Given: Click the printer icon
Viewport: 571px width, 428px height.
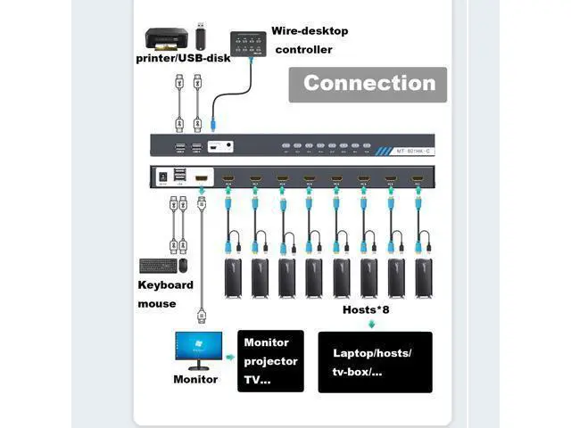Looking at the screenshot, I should [167, 39].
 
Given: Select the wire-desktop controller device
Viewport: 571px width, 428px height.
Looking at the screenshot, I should [252, 43].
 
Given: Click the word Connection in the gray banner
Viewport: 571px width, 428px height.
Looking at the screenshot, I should [368, 84].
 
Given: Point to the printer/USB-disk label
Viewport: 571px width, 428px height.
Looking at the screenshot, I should [183, 59].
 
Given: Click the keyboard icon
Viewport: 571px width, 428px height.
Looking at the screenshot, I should [157, 265].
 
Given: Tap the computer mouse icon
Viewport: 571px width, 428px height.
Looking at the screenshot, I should [183, 265].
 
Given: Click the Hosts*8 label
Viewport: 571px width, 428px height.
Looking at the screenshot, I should [366, 310].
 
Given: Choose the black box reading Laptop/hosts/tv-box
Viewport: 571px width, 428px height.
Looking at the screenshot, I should [375, 361].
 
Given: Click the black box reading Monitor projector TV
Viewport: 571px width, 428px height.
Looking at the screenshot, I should [271, 360].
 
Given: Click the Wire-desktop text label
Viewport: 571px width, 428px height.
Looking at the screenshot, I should [311, 31].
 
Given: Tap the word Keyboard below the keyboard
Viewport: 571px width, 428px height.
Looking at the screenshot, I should [165, 285].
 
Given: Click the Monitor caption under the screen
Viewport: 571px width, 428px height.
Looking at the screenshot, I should [195, 379].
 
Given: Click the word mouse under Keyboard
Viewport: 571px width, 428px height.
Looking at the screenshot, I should [156, 304].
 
